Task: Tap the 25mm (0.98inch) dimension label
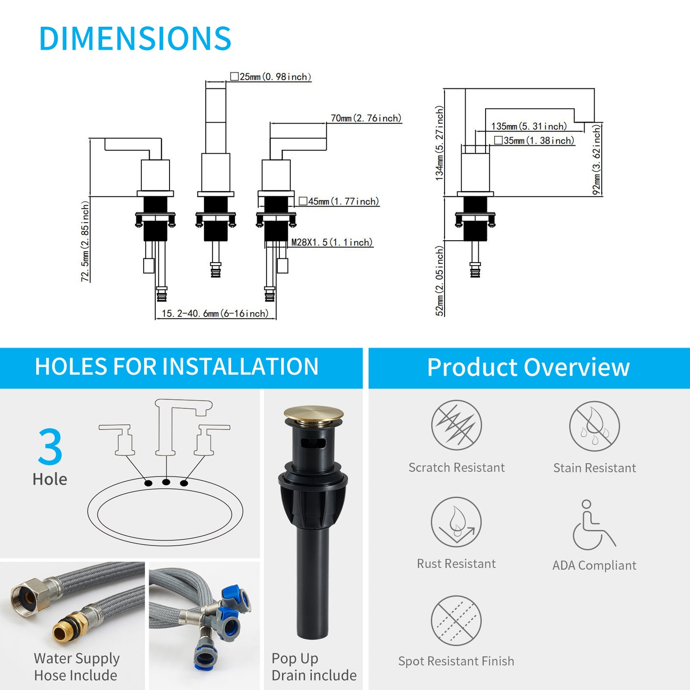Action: [x=271, y=77]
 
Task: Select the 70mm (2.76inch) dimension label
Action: [x=366, y=118]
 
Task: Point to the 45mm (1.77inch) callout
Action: [x=339, y=201]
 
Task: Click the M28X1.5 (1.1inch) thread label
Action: [x=332, y=243]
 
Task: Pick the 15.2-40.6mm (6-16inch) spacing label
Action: [x=215, y=314]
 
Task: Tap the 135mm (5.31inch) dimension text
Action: [x=529, y=127]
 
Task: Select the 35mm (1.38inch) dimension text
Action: [x=534, y=140]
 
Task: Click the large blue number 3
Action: [x=50, y=446]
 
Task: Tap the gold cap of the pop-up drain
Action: [x=314, y=414]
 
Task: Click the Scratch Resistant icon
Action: [x=456, y=425]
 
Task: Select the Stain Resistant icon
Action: [x=594, y=426]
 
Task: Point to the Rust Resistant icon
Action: [x=456, y=522]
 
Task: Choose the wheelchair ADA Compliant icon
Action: [x=594, y=525]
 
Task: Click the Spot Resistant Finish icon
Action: [x=456, y=621]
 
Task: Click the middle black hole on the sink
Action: [x=166, y=482]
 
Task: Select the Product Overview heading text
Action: [x=528, y=367]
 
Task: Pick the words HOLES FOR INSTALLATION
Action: [x=177, y=366]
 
